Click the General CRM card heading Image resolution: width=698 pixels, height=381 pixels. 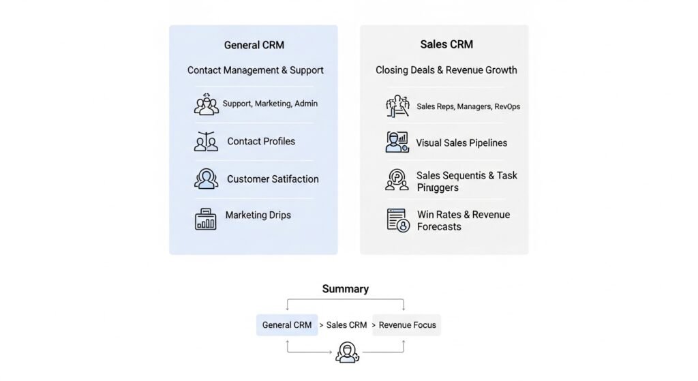click(254, 45)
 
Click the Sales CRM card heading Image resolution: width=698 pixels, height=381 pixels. click(446, 44)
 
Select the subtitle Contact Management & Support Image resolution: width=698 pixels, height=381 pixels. click(255, 70)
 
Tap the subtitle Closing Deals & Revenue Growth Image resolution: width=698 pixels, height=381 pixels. click(446, 70)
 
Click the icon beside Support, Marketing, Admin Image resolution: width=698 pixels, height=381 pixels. click(206, 104)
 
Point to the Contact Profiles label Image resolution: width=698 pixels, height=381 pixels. click(261, 141)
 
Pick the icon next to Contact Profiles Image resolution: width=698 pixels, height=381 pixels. click(206, 141)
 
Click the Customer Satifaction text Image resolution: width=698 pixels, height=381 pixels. click(273, 179)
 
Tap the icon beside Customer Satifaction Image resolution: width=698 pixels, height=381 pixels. click(206, 179)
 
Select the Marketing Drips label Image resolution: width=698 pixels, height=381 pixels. click(258, 215)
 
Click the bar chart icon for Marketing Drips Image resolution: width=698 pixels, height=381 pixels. click(206, 219)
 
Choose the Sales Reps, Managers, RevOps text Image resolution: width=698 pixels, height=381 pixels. click(468, 106)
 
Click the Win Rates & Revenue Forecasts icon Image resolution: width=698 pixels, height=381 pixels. click(397, 219)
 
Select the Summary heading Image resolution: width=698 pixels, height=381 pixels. click(345, 289)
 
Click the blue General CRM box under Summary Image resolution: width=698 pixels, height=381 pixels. click(287, 325)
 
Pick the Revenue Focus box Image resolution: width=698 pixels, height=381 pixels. click(407, 325)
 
